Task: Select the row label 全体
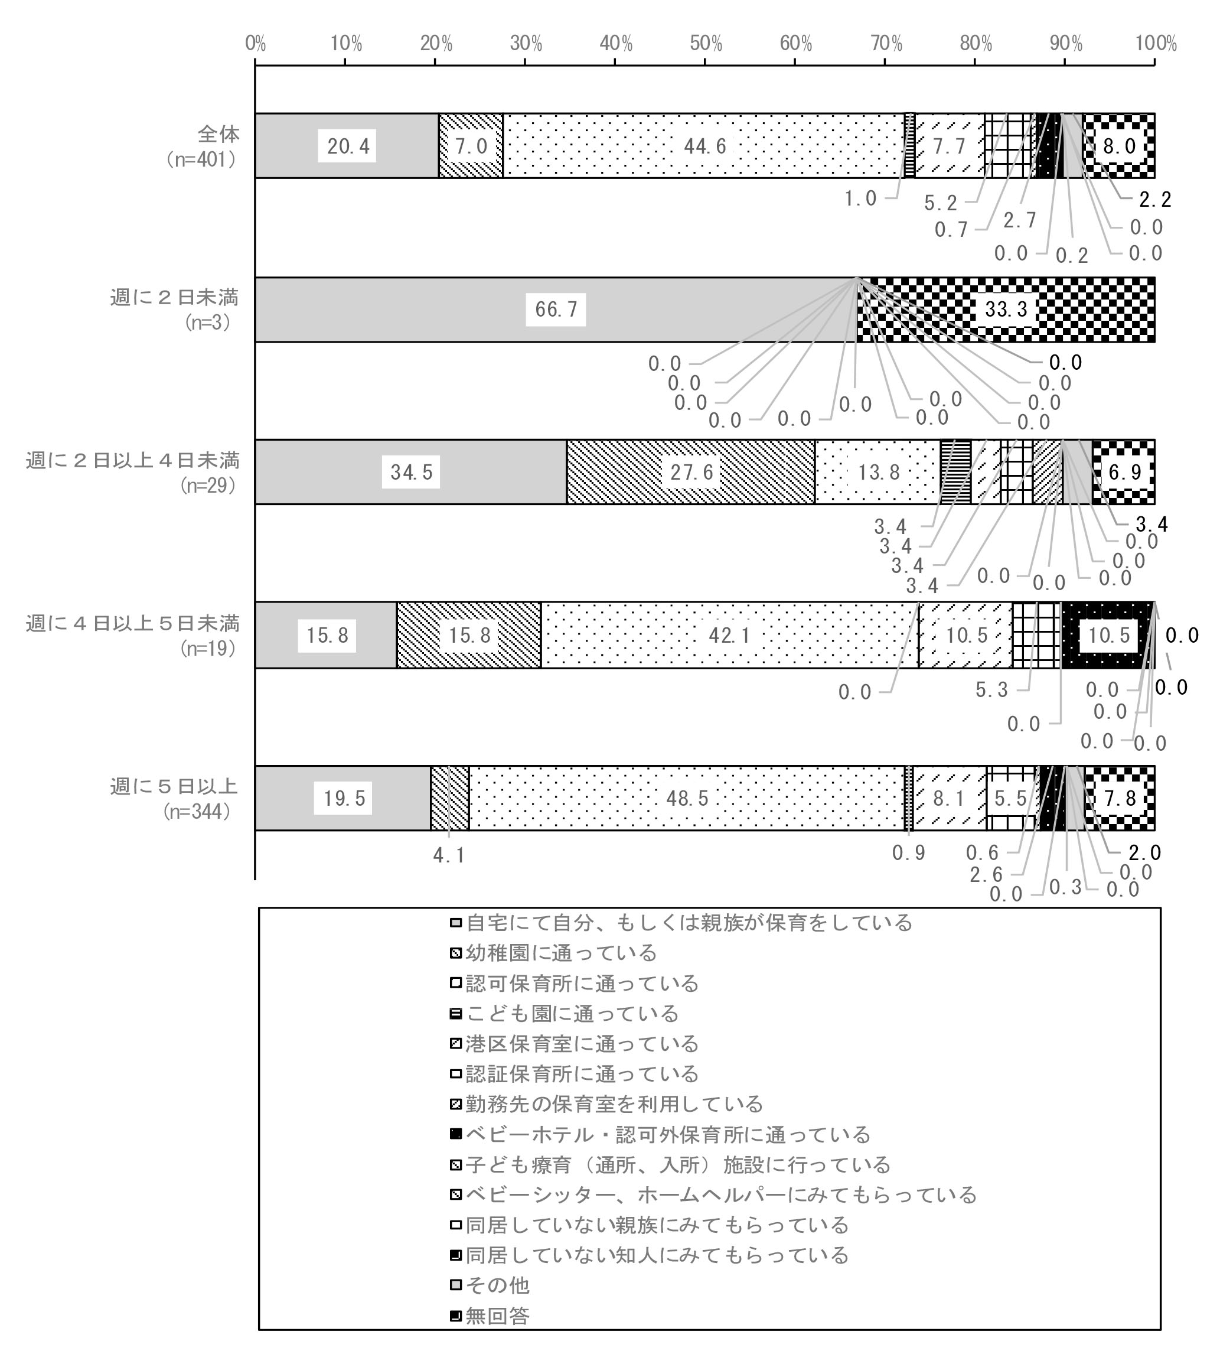(x=218, y=134)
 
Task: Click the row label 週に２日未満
(x=174, y=298)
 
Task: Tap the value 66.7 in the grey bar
(x=556, y=310)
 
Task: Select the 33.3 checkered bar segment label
(x=1006, y=310)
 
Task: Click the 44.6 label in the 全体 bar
(x=705, y=146)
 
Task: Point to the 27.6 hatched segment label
(x=692, y=473)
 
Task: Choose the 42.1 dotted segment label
(x=729, y=635)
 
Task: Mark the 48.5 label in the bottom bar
(x=687, y=798)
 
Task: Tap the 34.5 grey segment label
(x=411, y=473)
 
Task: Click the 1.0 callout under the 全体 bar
(x=861, y=199)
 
